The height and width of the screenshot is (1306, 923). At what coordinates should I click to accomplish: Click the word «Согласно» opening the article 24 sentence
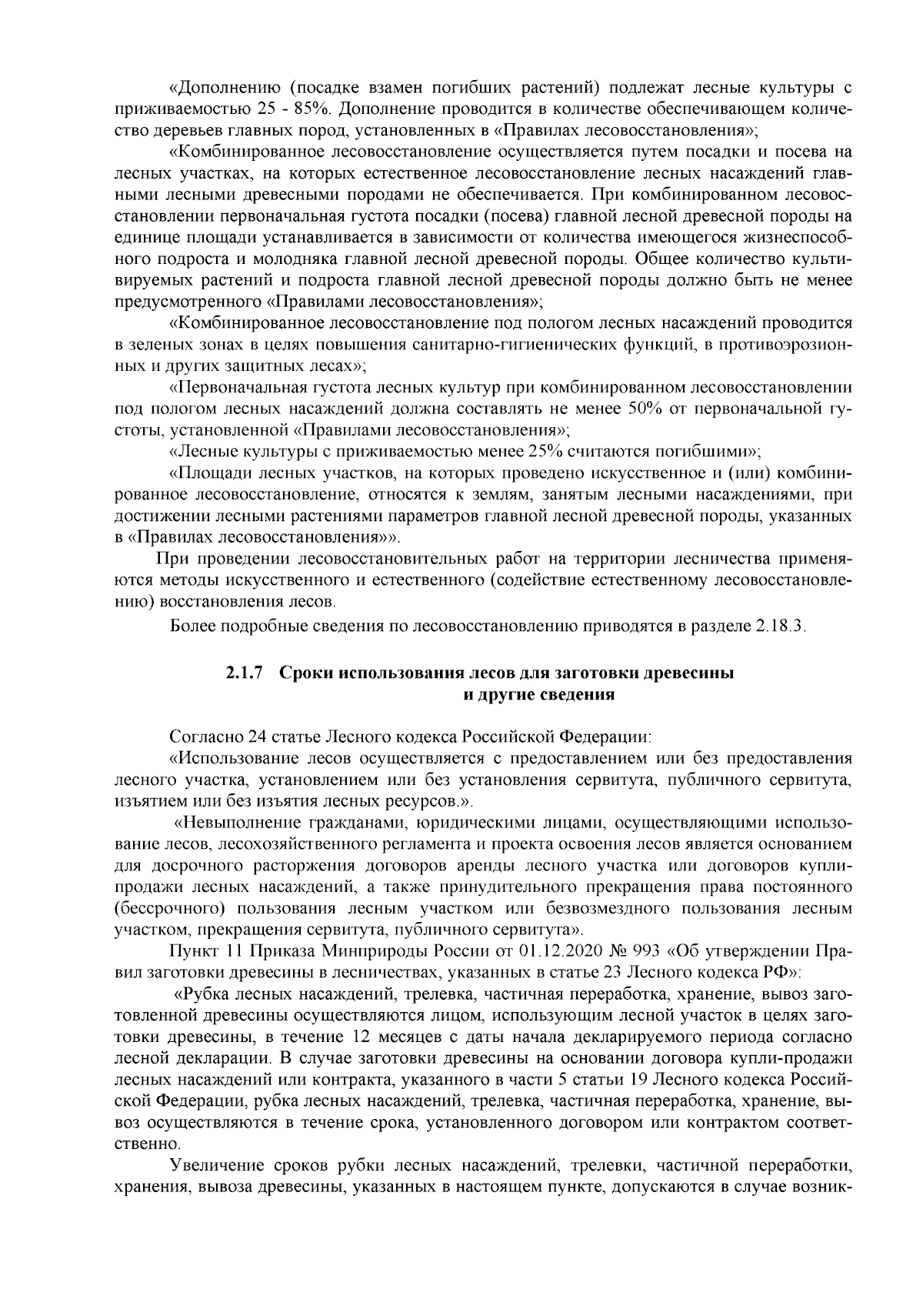pos(201,737)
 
